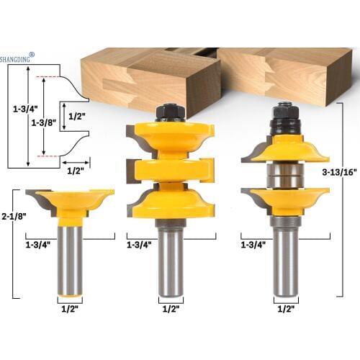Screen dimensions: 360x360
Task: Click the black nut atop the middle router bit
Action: point(170,112)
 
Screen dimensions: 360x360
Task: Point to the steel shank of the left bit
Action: point(69,259)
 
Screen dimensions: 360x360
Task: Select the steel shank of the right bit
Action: point(284,259)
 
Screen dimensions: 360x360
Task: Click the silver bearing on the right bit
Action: point(284,175)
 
